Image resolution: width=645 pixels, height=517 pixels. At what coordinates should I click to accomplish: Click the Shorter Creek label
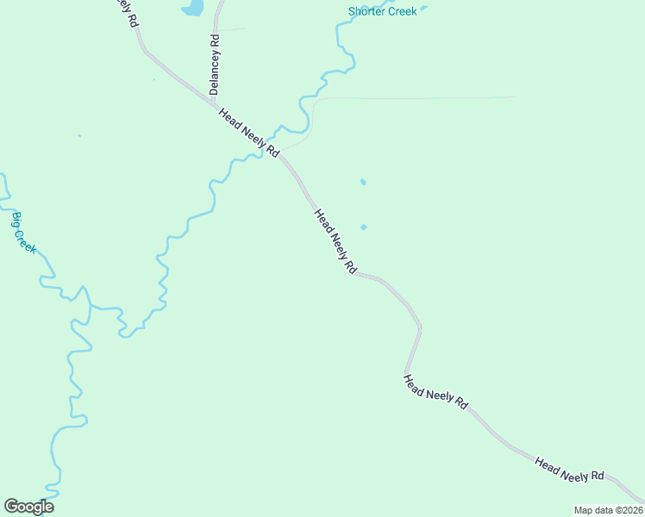tap(382, 11)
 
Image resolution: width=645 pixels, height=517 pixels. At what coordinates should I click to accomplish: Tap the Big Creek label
tap(24, 232)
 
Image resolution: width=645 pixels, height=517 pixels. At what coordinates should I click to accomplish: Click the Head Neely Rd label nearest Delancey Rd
tap(249, 133)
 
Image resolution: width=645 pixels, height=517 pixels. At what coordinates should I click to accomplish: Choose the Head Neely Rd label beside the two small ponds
tap(335, 242)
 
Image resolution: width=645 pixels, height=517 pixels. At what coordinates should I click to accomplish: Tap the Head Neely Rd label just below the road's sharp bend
tap(435, 391)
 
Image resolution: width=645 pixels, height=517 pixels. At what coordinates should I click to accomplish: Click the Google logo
tap(28, 507)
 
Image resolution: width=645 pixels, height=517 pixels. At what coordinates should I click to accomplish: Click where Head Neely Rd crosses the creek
tap(274, 146)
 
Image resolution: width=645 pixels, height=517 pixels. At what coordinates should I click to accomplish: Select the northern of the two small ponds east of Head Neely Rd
tap(362, 182)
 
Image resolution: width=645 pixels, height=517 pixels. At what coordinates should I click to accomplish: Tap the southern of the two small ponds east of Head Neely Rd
tap(364, 227)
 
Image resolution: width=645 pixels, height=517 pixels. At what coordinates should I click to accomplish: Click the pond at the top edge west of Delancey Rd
tap(192, 8)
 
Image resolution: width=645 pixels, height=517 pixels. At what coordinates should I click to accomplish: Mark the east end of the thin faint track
tap(516, 97)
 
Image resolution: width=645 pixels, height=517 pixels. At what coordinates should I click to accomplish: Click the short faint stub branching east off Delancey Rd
tap(233, 29)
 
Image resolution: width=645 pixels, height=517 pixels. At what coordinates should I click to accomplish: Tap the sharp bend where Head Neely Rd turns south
tap(420, 327)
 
